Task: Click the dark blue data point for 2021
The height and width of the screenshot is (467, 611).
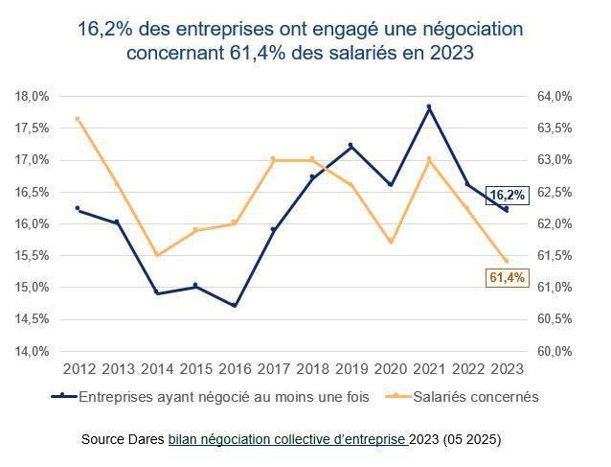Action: [429, 106]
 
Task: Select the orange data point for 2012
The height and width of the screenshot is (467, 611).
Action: [78, 119]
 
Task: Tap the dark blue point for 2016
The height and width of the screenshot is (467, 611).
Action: [235, 306]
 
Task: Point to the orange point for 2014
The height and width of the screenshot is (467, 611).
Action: [157, 255]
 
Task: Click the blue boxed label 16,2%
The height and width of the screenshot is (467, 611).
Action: [508, 195]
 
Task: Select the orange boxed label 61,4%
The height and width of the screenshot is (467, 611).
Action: [508, 277]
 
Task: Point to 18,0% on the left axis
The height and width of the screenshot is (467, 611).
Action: [33, 96]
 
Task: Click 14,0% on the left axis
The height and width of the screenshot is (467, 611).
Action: [33, 351]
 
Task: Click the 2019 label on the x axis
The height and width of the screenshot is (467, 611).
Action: [351, 369]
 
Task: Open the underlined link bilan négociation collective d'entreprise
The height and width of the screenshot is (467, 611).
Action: [287, 439]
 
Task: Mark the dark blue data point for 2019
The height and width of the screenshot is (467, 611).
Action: [351, 146]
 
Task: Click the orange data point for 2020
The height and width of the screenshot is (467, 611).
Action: [390, 242]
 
